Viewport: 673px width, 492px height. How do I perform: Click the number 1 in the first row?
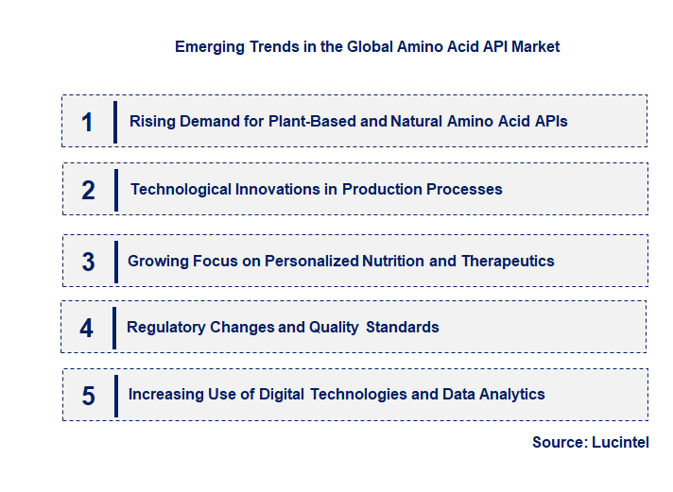[88, 122]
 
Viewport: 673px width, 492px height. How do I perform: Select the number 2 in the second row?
[88, 190]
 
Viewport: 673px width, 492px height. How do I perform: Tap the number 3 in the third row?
[88, 262]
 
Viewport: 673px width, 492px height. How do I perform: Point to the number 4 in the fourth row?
[87, 328]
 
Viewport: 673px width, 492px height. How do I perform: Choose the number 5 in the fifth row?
[88, 395]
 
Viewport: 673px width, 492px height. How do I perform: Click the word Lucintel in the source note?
[620, 442]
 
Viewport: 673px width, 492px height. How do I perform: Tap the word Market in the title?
[534, 46]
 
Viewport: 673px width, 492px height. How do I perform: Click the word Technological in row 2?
[180, 189]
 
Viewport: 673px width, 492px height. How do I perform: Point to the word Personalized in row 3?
[312, 261]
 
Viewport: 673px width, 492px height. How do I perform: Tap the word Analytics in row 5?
[510, 394]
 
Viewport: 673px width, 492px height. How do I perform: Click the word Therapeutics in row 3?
[508, 261]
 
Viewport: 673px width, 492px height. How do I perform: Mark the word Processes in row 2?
[462, 189]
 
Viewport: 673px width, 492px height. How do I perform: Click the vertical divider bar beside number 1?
[114, 122]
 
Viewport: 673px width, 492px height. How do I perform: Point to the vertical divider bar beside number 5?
[114, 395]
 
